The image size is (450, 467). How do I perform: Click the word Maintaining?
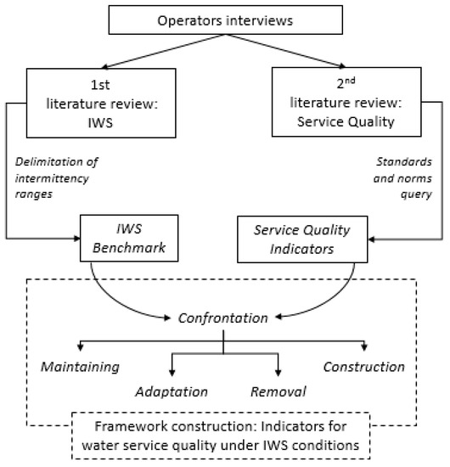tap(80, 367)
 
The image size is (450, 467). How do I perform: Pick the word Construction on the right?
tap(364, 367)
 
